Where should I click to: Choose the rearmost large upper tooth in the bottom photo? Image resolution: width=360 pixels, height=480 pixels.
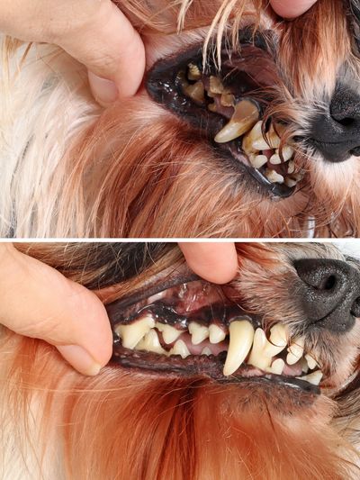[x=135, y=332]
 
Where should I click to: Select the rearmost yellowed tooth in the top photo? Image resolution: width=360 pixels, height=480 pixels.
[x=193, y=73]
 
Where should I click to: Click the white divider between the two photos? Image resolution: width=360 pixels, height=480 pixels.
[x=180, y=240]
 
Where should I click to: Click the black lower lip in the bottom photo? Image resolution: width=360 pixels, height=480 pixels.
[x=180, y=365]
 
